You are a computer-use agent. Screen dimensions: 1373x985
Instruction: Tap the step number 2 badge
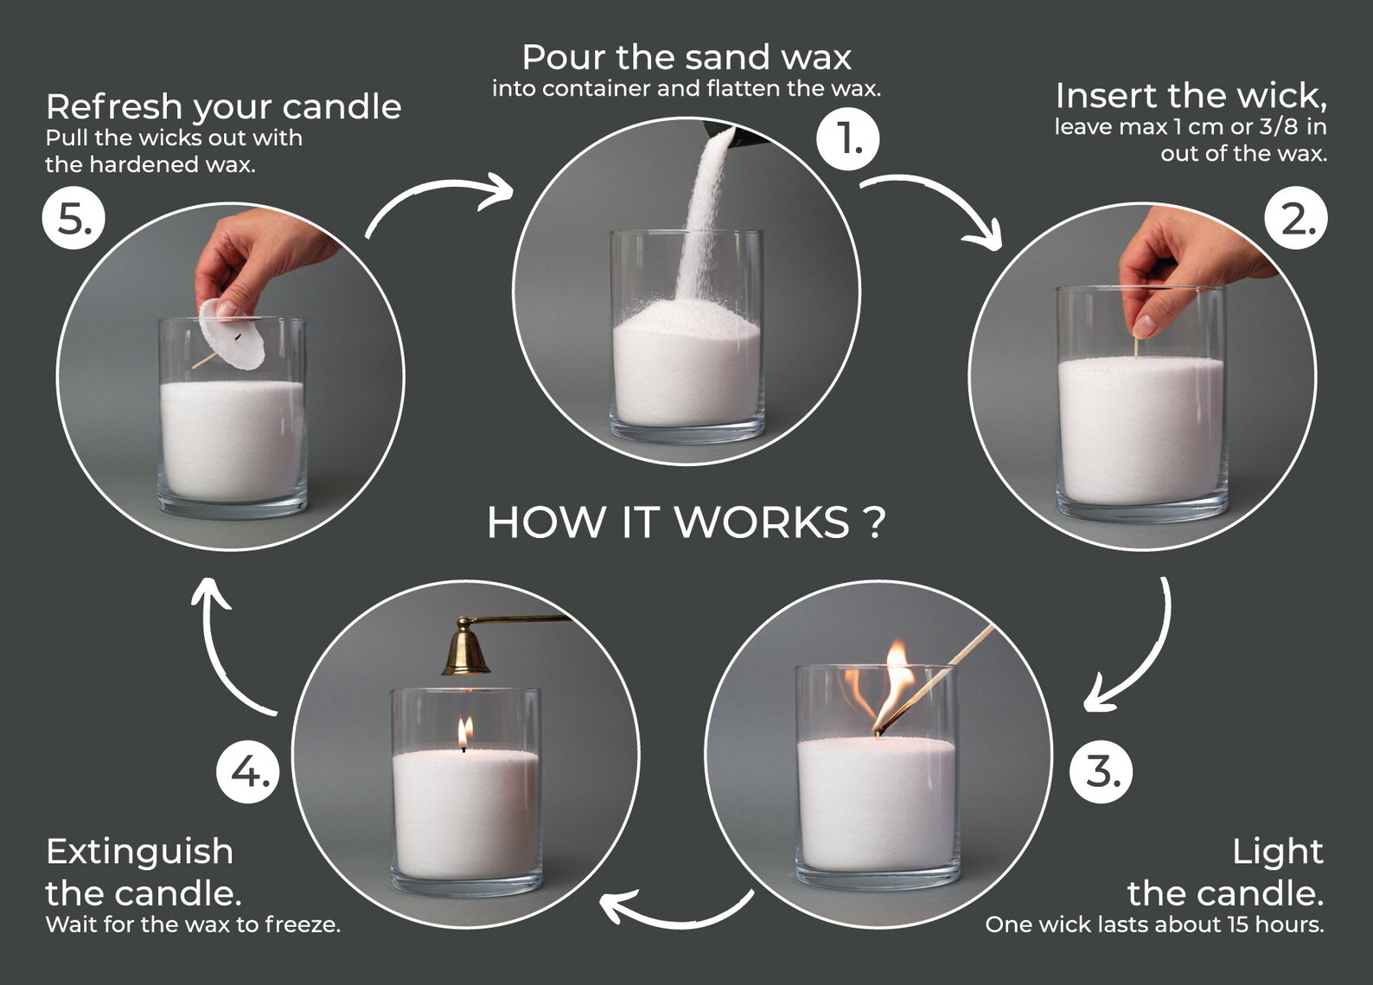1296,218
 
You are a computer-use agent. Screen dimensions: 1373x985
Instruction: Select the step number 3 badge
1101,771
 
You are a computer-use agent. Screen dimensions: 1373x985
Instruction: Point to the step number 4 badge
247,772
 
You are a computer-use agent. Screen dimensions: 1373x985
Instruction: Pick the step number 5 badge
73,218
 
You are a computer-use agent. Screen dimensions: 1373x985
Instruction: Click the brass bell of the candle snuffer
466,648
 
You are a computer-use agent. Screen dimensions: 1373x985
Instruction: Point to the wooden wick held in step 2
1136,345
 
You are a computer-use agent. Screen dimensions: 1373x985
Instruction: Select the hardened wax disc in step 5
232,334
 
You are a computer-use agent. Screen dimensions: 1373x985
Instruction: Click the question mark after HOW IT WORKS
876,522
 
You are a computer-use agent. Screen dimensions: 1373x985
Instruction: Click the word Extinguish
140,853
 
